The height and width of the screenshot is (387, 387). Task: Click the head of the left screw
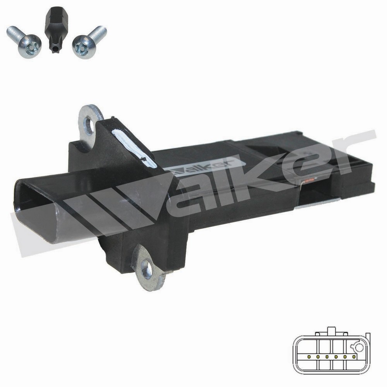pyautogui.click(x=30, y=46)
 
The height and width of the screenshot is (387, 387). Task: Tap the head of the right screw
pyautogui.click(x=84, y=47)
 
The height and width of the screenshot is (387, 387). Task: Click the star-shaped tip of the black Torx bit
pyautogui.click(x=55, y=47)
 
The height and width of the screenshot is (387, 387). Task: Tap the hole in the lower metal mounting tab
pyautogui.click(x=148, y=267)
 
